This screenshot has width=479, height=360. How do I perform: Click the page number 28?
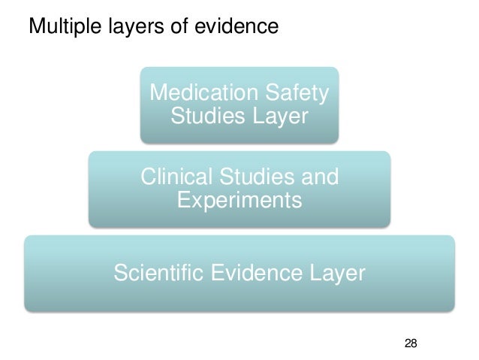coord(410,343)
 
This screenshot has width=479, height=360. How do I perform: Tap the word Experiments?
coord(239,201)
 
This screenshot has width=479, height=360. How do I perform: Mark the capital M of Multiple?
coord(34,27)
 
